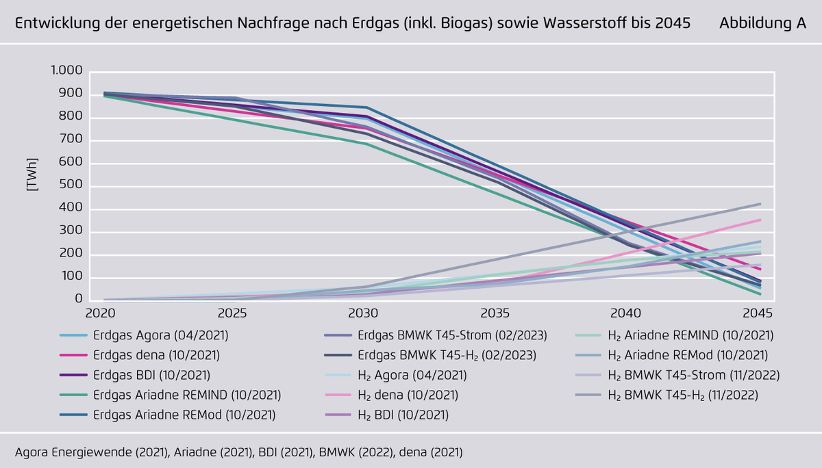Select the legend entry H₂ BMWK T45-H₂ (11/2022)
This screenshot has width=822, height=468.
[x=693, y=395]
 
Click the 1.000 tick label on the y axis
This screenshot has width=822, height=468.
[x=66, y=71]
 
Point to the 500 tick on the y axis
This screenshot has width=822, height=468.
[x=73, y=186]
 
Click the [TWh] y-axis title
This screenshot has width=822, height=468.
[x=32, y=174]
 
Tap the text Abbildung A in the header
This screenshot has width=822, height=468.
[x=762, y=23]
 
